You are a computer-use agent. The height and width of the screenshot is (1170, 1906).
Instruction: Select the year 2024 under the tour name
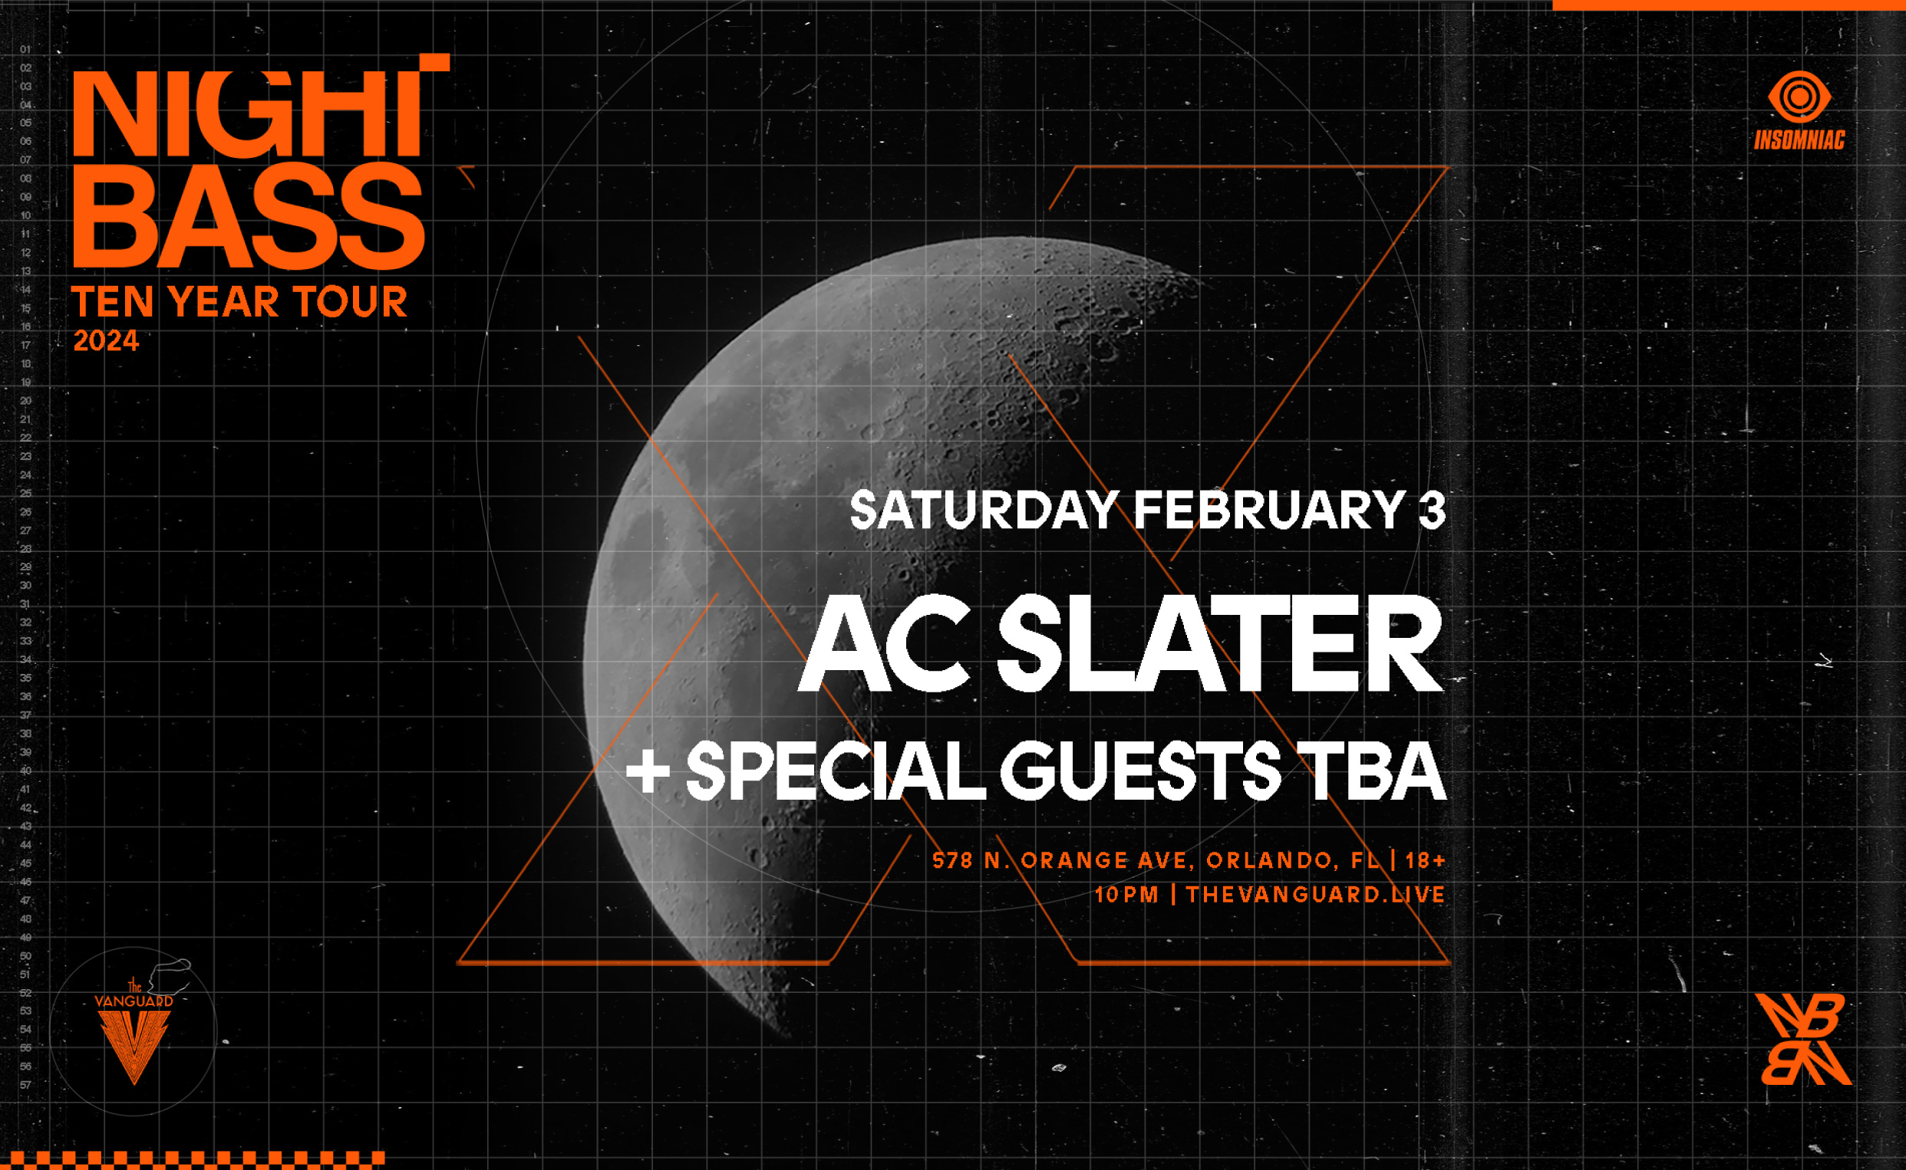[106, 341]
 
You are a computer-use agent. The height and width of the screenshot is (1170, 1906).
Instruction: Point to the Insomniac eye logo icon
[1800, 97]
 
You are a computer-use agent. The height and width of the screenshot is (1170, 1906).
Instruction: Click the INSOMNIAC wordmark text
[1800, 141]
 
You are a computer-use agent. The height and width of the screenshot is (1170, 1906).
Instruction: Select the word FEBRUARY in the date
[1270, 511]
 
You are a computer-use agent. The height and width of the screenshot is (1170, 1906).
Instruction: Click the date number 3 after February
[1433, 511]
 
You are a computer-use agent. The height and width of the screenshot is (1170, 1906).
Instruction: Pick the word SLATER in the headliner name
[1219, 644]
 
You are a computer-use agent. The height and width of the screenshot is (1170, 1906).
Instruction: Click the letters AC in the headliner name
[882, 644]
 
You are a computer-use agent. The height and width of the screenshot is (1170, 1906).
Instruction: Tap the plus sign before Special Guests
[648, 771]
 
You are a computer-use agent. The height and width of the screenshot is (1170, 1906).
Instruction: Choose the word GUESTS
[1141, 771]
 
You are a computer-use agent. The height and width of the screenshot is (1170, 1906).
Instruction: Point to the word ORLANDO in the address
[1270, 860]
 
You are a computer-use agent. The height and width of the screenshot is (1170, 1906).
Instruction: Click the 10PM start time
[1126, 896]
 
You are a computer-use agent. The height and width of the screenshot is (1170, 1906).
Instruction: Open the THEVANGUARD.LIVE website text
[1315, 896]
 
